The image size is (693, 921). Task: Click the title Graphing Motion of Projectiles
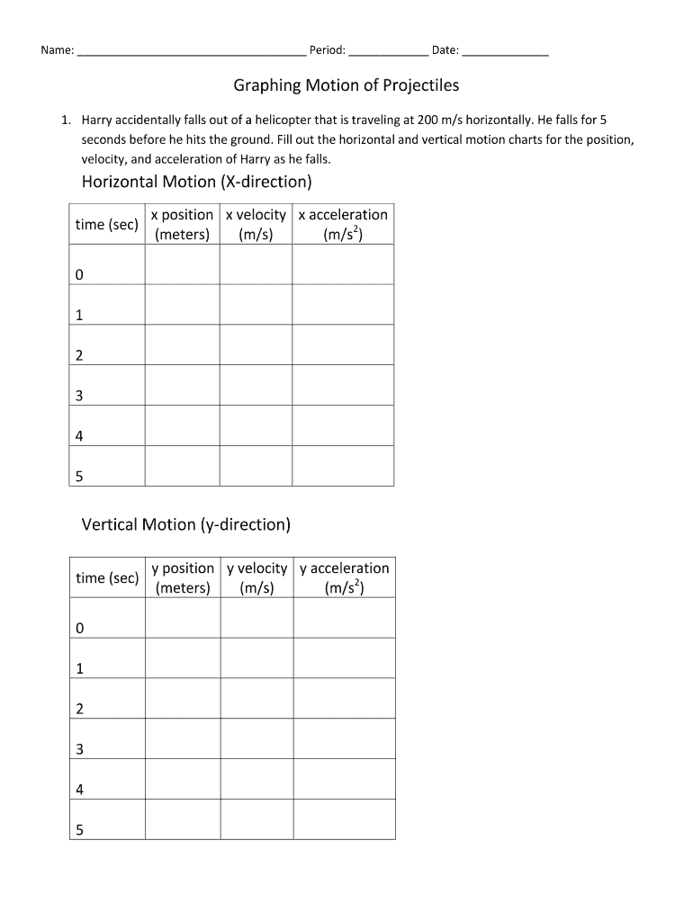tap(346, 85)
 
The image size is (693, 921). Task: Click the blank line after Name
tap(192, 52)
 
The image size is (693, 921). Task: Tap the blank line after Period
tap(388, 52)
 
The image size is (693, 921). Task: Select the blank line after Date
tap(505, 52)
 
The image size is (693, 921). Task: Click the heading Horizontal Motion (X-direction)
tap(196, 183)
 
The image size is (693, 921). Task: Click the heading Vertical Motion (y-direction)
tap(185, 524)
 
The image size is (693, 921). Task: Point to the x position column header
tap(182, 224)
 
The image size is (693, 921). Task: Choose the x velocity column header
tap(256, 224)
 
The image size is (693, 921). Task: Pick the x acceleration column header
tap(343, 224)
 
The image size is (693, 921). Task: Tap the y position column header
tap(183, 577)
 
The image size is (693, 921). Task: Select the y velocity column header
tap(256, 577)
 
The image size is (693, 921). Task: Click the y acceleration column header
tap(344, 577)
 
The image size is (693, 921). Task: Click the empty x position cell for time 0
tap(182, 264)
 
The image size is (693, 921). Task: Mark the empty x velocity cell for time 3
tap(256, 385)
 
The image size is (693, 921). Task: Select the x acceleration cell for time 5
tap(343, 466)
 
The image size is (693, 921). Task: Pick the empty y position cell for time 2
tap(183, 698)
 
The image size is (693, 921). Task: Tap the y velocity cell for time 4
tap(256, 779)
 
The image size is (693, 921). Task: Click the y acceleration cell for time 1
tap(344, 657)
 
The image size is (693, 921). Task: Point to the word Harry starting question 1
tap(98, 120)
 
